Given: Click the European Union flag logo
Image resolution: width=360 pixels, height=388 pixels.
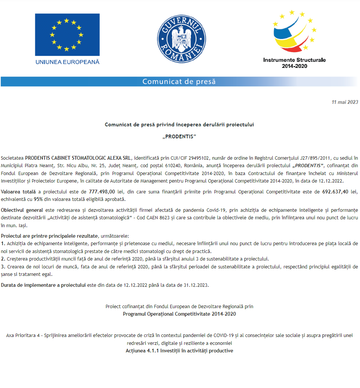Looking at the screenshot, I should coord(67,34).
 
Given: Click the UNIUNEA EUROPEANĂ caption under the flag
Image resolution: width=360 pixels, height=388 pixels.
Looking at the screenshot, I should coord(67,62).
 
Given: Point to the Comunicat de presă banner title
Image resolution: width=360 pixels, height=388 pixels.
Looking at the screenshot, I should coord(179,81).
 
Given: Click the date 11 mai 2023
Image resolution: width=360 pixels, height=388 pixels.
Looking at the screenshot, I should coord(345,102).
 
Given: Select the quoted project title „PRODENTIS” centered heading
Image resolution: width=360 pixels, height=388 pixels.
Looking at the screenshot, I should coord(179,136).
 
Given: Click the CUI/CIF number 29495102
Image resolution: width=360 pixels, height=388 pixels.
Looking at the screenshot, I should coord(193,158).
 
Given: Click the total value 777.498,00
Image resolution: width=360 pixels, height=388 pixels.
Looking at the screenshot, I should coord(102,192).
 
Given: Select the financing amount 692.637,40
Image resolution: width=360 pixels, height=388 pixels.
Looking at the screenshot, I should coord(336,192).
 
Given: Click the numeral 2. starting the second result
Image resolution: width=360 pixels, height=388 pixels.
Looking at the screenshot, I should coord(3,259).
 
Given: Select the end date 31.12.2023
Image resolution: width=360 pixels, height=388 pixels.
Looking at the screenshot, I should coord(196,285).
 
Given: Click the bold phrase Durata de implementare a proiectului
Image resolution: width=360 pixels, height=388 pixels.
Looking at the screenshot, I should coord(43,285).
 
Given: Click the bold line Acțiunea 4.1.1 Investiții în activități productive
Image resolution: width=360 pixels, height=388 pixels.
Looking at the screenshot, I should coord(179,351).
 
